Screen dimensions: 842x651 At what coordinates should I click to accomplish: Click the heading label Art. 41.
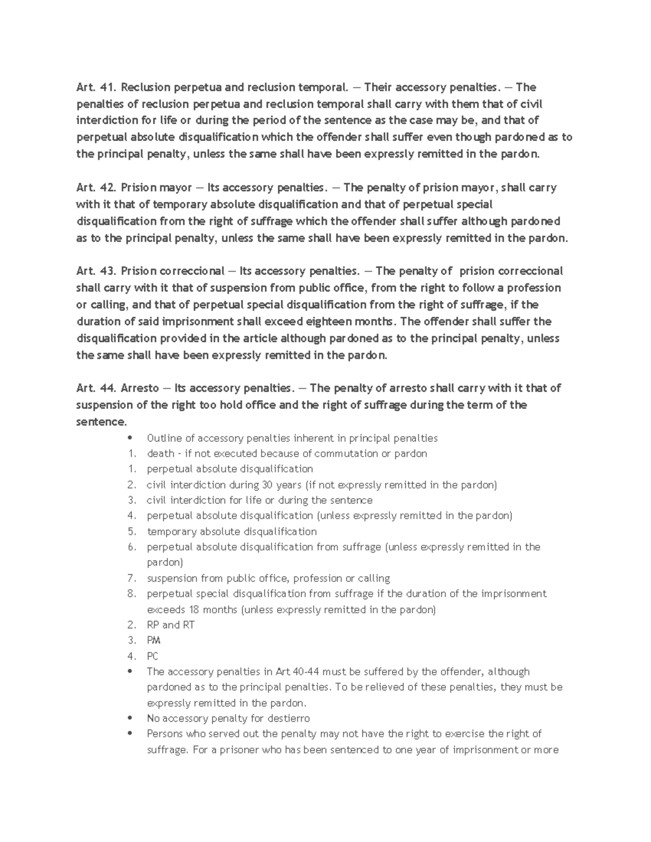pos(95,87)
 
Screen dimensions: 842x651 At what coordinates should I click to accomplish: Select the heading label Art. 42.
pos(95,188)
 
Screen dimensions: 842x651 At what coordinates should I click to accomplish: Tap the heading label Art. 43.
pos(95,271)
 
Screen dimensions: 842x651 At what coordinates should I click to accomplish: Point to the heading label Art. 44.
pos(95,388)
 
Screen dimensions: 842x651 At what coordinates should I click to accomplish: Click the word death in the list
pos(160,453)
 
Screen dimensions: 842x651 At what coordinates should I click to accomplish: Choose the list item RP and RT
pos(170,625)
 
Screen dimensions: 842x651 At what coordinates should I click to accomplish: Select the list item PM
pos(154,640)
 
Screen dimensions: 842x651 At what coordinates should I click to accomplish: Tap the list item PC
pos(152,656)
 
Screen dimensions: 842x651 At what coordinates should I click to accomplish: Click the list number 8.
pos(131,594)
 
